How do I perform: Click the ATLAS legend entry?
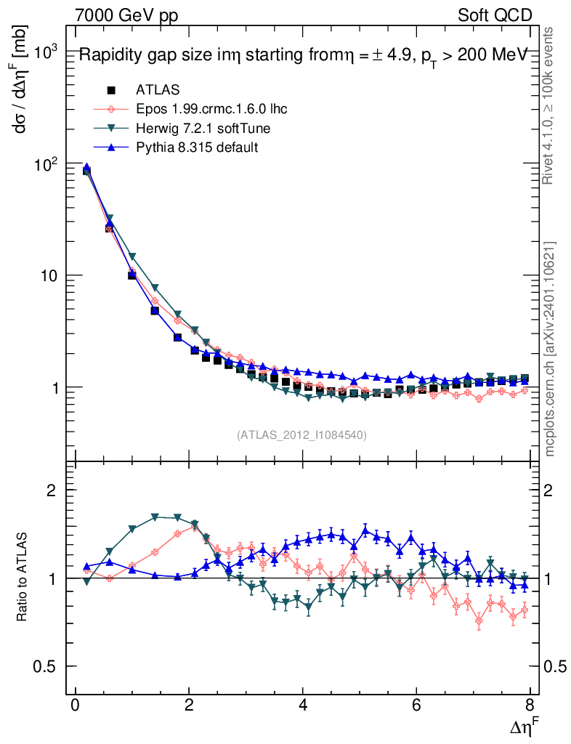click(158, 90)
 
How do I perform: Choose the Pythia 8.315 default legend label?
click(197, 147)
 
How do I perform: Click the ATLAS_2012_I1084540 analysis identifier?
click(301, 435)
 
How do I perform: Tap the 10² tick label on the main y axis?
click(46, 165)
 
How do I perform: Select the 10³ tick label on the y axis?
click(46, 53)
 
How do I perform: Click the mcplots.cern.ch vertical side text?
click(550, 349)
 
